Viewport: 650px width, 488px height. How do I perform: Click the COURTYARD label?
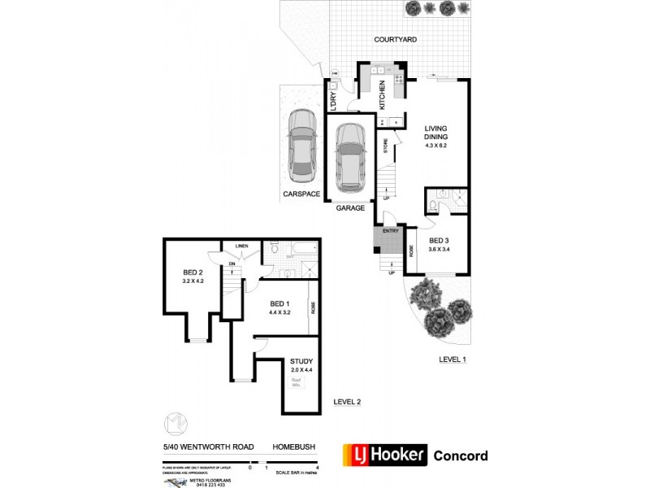[x=396, y=39]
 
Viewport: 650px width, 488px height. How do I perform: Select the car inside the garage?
[x=351, y=157]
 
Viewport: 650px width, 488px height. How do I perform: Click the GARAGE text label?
[x=351, y=208]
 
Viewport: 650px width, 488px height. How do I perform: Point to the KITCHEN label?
[x=382, y=95]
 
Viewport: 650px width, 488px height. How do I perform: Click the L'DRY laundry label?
[x=333, y=100]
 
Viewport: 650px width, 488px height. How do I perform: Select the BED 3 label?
[x=439, y=240]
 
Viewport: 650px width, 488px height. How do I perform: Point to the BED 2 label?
[x=192, y=272]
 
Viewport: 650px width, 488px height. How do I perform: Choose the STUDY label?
[x=301, y=362]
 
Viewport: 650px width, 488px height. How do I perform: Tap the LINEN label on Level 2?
[x=241, y=245]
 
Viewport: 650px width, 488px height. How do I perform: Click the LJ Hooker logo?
[x=385, y=455]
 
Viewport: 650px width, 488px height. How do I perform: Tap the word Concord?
[x=461, y=455]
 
